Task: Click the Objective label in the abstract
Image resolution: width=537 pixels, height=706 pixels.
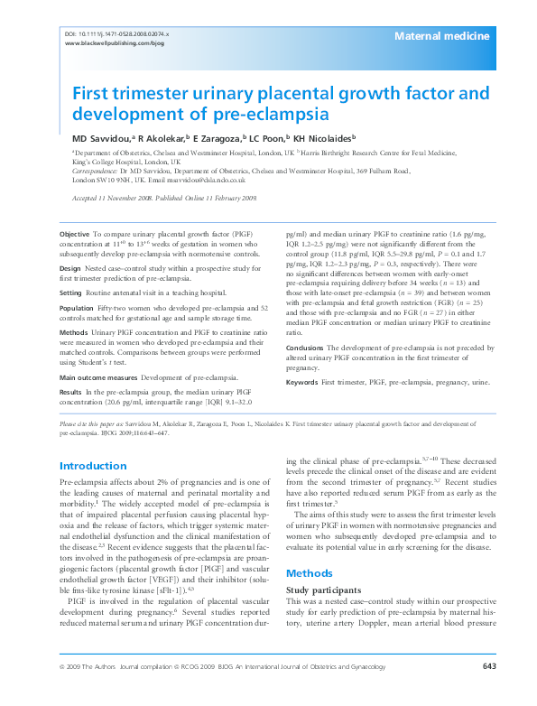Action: coord(74,234)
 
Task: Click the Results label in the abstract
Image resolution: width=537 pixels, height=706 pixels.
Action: coord(71,367)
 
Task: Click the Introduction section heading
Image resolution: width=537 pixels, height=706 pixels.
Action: coord(93,466)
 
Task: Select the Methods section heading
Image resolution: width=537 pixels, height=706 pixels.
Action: coord(310,574)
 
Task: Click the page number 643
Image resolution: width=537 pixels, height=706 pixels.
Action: coord(489,692)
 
